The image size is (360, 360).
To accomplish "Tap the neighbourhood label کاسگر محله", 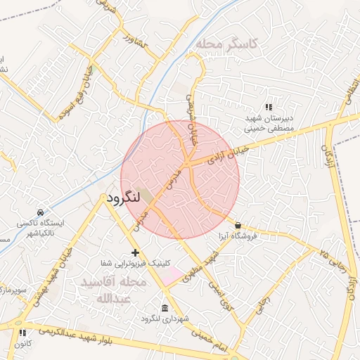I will tap(226, 44).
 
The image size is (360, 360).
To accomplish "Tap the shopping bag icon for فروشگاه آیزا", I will tap(238, 226).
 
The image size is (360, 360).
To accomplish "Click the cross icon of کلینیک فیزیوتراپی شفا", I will tap(135, 252).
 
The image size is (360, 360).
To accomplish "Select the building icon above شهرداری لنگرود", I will tap(165, 308).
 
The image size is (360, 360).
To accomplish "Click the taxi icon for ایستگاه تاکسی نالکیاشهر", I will tap(40, 212).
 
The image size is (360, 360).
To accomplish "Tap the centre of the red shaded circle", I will tap(180, 179).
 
